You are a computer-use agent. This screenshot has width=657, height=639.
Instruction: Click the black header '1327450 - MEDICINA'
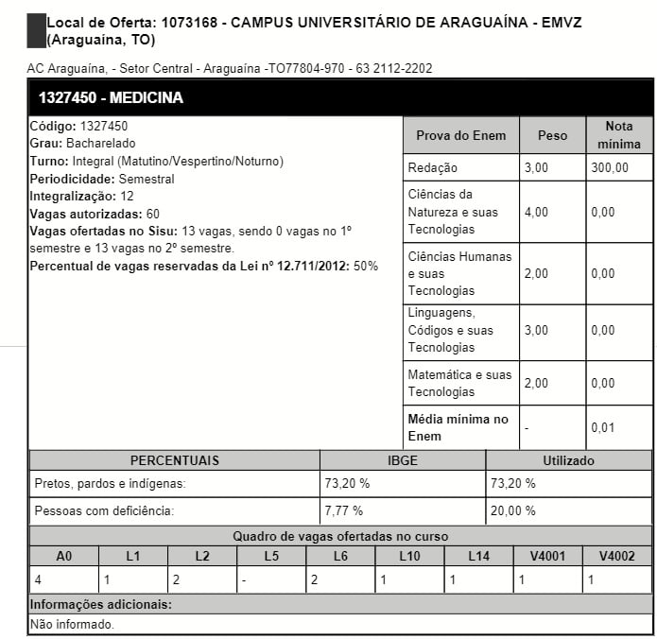point(111,98)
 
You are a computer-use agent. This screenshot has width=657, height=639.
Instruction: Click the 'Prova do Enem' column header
point(460,135)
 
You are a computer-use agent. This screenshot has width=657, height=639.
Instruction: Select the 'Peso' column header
point(552,135)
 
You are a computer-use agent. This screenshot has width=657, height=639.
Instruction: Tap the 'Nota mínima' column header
point(618,135)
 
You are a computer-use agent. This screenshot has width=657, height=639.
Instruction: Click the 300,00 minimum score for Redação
point(610,167)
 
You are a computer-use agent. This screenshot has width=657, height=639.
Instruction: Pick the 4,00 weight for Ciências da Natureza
point(536,212)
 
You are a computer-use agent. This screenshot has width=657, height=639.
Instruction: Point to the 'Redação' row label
point(432,167)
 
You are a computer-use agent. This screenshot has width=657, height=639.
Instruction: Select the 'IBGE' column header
point(403,460)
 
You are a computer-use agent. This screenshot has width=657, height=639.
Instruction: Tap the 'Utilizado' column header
point(568,460)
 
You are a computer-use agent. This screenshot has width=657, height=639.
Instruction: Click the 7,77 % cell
point(347,510)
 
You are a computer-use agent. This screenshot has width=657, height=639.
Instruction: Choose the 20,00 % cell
point(513,510)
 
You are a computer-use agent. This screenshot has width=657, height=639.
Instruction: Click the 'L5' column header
point(271,556)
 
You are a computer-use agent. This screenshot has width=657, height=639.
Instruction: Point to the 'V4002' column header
point(617,556)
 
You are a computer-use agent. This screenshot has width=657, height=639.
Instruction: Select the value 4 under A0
point(38,579)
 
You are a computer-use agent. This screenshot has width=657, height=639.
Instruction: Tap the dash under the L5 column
point(245,579)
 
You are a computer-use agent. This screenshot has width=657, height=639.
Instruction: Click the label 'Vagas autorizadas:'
point(86,214)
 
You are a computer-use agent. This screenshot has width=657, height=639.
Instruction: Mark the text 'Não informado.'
point(72,624)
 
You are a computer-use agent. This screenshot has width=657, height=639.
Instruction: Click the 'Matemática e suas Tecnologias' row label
point(459,383)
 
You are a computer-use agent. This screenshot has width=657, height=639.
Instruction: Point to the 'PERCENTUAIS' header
point(174,460)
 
